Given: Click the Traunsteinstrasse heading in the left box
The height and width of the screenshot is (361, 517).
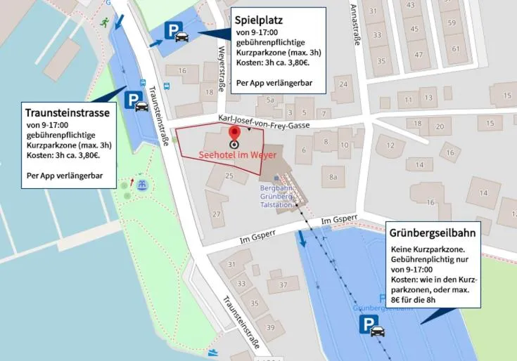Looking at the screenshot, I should [x=67, y=112].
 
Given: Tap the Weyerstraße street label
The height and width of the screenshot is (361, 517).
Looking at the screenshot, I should [x=222, y=60].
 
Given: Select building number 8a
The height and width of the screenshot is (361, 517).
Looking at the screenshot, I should [x=333, y=177].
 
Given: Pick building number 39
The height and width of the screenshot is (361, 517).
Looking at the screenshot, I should [x=270, y=327].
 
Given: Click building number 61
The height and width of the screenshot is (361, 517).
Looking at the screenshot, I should [x=455, y=48].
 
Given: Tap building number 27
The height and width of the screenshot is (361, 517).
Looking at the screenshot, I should [x=217, y=214].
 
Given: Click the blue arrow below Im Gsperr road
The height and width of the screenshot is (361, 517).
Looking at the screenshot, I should [x=302, y=239].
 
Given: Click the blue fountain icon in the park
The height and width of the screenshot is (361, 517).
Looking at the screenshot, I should [x=142, y=185].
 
